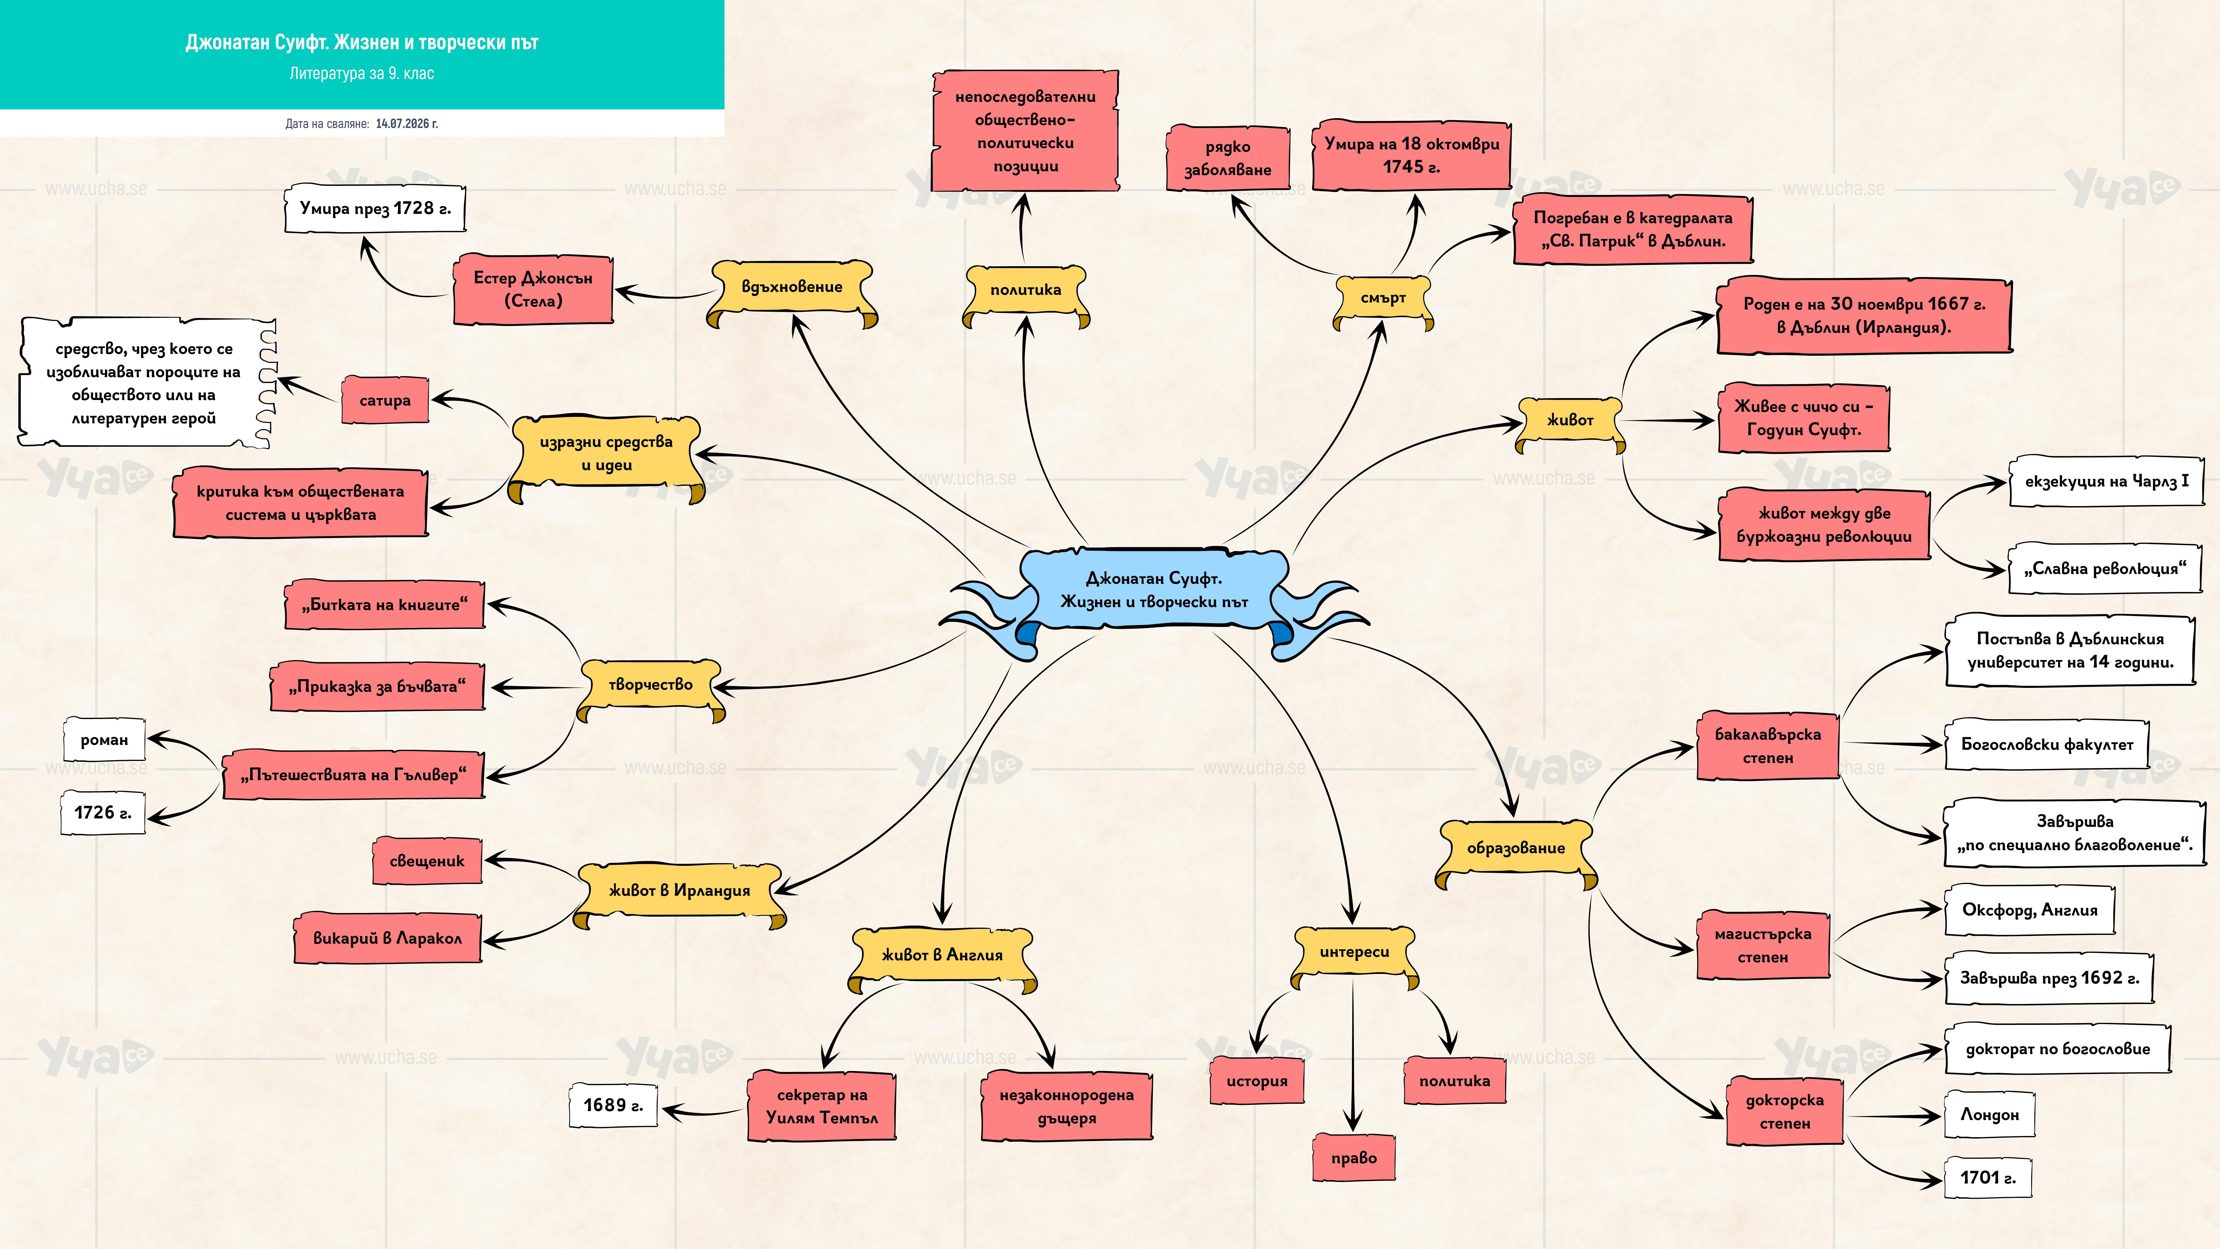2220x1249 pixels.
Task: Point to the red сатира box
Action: tap(385, 400)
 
